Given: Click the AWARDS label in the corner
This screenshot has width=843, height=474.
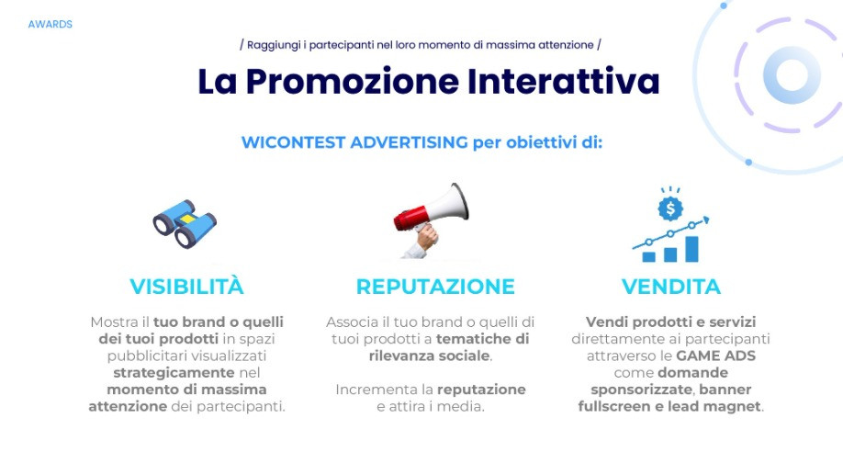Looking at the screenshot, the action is pos(50,24).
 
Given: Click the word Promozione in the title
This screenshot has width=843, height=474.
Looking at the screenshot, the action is pos(352,82).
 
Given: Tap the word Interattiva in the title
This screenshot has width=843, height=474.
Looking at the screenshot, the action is pos(563,82).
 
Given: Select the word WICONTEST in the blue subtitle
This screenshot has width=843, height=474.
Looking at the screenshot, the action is pos(293,142).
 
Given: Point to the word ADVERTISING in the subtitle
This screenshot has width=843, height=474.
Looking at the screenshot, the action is pos(409,142).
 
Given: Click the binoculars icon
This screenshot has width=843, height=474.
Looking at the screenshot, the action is pos(185,224).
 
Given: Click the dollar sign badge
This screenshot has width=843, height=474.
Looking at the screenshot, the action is pos(670,209).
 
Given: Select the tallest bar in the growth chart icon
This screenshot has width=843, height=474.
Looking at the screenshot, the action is pos(691,249).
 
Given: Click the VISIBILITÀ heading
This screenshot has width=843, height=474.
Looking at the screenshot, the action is pos(186,287).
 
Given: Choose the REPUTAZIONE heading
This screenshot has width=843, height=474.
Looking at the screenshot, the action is pos(435,287).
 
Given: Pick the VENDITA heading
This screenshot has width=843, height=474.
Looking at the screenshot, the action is pos(671,287).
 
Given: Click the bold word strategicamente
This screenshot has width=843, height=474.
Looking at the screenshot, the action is pos(174,373).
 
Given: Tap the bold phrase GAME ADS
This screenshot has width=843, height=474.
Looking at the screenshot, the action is pos(715,355).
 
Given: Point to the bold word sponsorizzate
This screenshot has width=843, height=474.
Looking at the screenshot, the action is pos(641,389).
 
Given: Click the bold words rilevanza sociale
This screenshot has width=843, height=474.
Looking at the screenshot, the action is pos(429,355).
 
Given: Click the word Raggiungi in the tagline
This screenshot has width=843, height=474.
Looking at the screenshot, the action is pos(274,45).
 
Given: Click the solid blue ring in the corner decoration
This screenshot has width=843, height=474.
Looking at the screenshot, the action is pos(792,74).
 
